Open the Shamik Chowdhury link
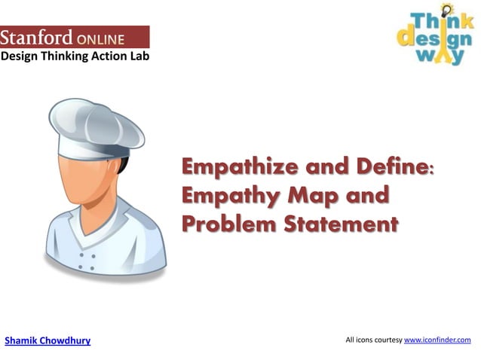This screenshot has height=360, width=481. point(47,340)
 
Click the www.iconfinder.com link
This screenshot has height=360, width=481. point(437,340)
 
